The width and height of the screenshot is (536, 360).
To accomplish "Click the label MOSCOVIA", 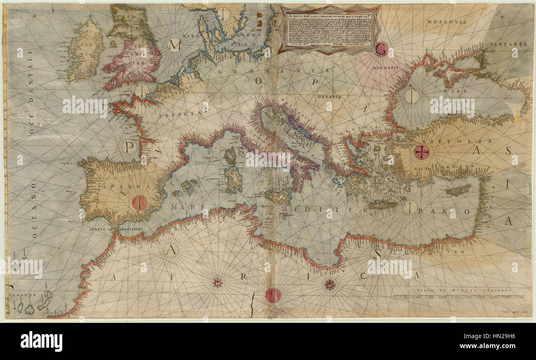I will pos(447,21).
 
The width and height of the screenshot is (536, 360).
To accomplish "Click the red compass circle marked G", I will pos(382,49).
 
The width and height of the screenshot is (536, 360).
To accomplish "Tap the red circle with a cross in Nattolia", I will pos(421,152).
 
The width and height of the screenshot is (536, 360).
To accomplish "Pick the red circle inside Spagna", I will pos(140,202).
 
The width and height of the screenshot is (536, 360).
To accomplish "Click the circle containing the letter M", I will pos(175,45).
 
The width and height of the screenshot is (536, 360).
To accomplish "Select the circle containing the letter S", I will pos(376,253).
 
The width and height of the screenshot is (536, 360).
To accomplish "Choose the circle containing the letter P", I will pos(129,147).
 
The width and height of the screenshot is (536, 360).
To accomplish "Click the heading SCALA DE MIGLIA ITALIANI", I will pos(463,290).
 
